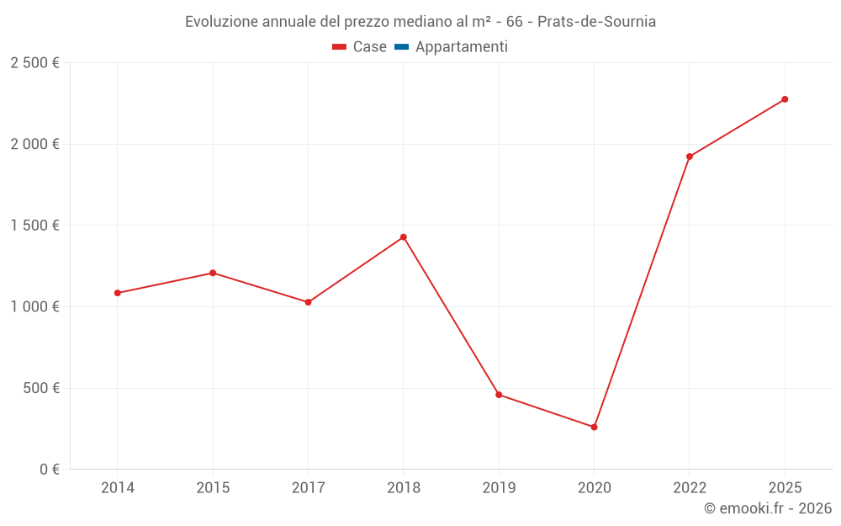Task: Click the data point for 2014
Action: [117, 293]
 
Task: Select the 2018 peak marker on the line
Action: [404, 237]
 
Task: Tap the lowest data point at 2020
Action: [594, 428]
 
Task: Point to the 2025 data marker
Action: [785, 99]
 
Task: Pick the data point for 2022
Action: [690, 157]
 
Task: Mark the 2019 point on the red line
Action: [499, 395]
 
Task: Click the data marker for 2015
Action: [213, 273]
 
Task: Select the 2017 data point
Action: [308, 302]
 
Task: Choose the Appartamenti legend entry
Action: [461, 47]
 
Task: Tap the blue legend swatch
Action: [401, 47]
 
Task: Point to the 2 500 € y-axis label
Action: [35, 63]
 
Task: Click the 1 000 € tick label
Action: [35, 307]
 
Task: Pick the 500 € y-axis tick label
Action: [40, 388]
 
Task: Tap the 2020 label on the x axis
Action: [594, 487]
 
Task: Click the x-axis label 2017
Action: [308, 487]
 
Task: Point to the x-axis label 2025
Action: [785, 487]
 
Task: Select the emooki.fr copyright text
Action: [768, 508]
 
